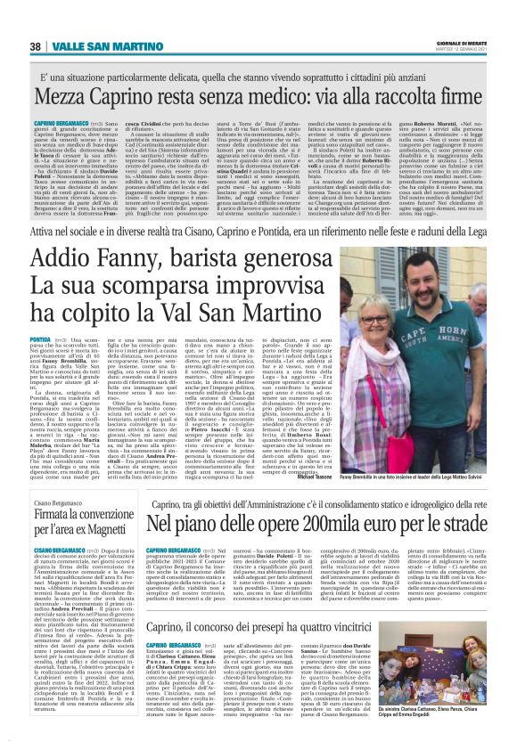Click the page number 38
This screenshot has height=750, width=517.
click(36, 46)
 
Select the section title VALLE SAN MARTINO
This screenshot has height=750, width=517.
click(94, 46)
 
